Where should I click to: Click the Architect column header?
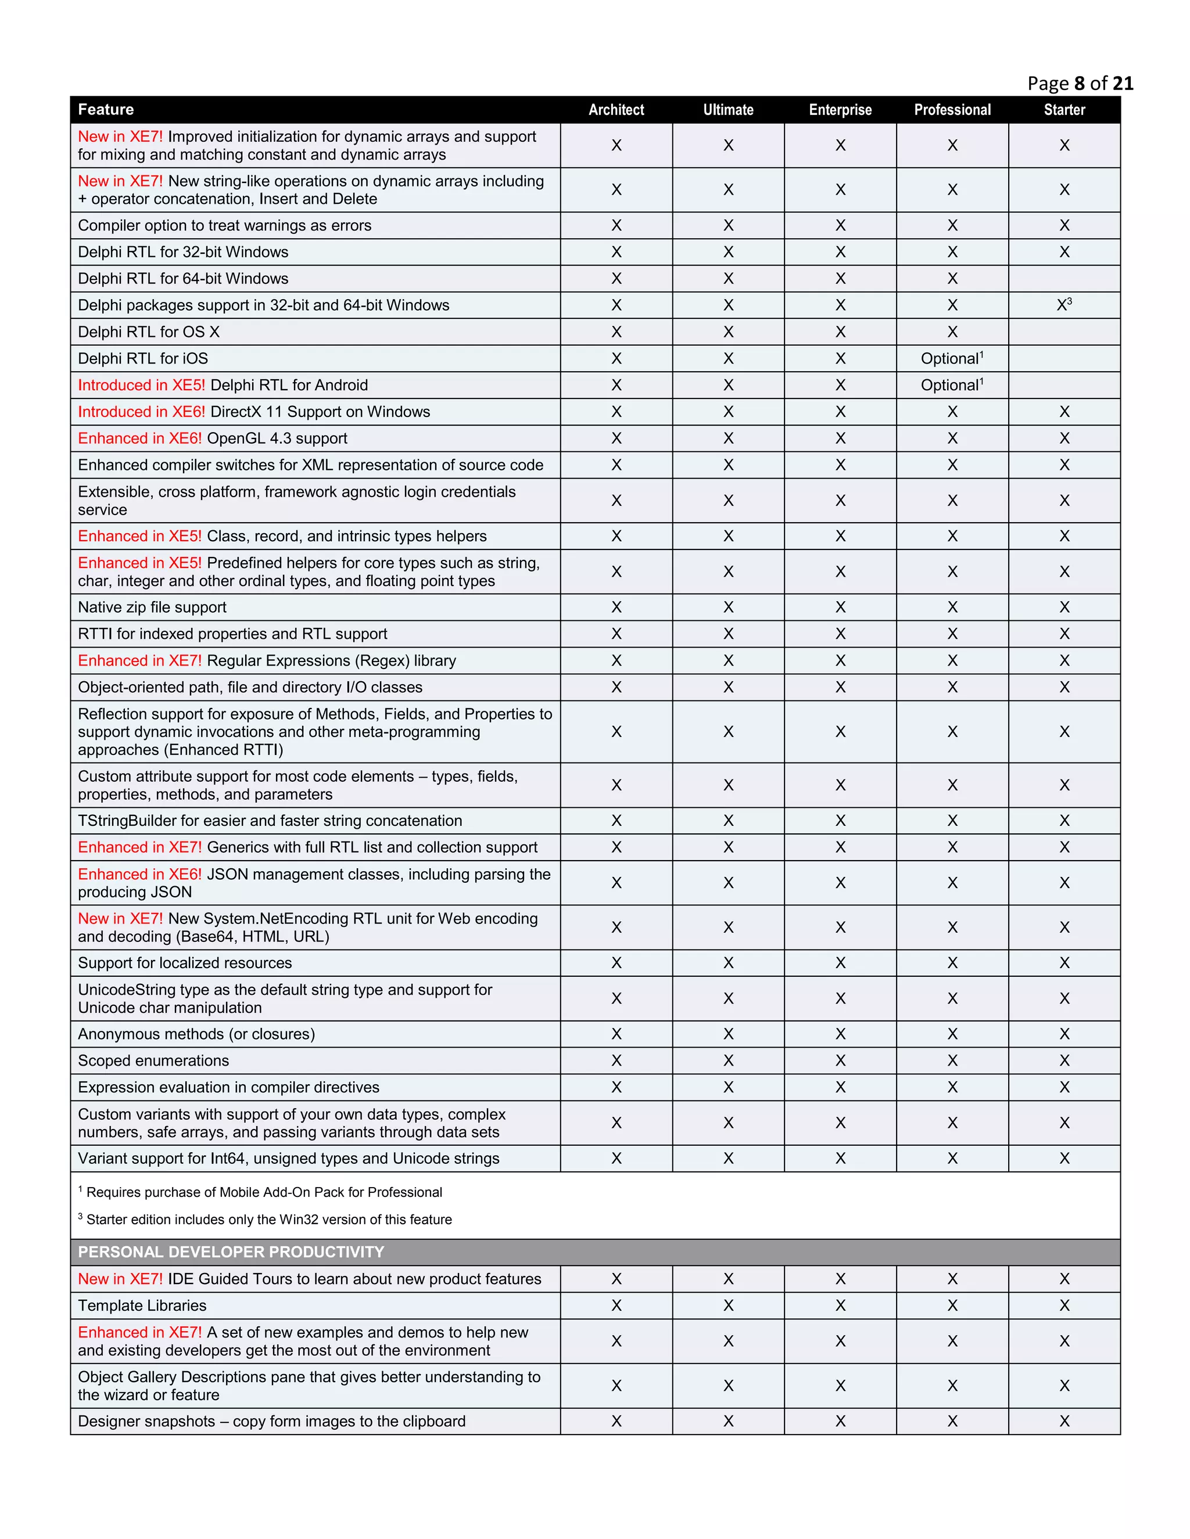click(x=616, y=110)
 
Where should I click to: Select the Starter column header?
click(x=1064, y=110)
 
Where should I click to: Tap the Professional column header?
click(x=952, y=110)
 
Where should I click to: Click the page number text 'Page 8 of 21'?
click(x=1080, y=84)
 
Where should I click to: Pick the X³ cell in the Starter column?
click(x=1064, y=305)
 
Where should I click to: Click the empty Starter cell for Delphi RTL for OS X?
click(x=1064, y=332)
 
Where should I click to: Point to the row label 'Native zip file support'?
click(x=152, y=607)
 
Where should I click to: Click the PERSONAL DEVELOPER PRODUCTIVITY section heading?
click(x=231, y=1252)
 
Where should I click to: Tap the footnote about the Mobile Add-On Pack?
click(x=264, y=1192)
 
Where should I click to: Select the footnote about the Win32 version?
click(x=268, y=1220)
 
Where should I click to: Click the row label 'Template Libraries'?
click(x=142, y=1306)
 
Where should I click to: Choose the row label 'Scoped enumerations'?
click(x=153, y=1061)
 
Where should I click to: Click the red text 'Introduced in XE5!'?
click(x=141, y=386)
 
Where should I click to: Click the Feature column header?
click(x=106, y=110)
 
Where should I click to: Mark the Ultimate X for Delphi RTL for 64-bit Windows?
click(x=728, y=279)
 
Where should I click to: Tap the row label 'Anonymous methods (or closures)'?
click(x=197, y=1034)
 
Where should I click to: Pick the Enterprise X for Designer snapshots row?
click(x=840, y=1421)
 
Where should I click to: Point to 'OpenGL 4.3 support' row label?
click(x=277, y=438)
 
